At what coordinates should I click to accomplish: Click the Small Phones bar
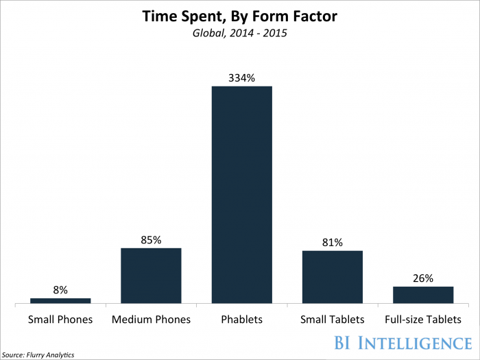tap(60, 300)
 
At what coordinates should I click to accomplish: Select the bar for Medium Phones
tap(151, 275)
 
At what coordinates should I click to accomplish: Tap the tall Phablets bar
tap(241, 194)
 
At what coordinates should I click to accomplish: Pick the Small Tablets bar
tap(332, 276)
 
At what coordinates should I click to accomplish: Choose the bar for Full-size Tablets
tap(422, 294)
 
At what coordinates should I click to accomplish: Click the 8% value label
tap(60, 290)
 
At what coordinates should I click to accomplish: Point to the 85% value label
tap(151, 240)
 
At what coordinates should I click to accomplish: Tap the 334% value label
tap(241, 78)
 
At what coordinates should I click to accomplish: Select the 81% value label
tap(332, 243)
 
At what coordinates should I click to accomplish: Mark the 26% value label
tap(422, 278)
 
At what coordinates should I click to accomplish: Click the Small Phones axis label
tap(60, 320)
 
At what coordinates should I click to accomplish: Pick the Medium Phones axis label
tap(151, 320)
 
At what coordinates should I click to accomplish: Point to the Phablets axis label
tap(241, 320)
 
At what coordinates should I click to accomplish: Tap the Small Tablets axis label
tap(332, 320)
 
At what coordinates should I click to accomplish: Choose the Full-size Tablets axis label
tap(422, 320)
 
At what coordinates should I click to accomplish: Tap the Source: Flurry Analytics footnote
tap(38, 355)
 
